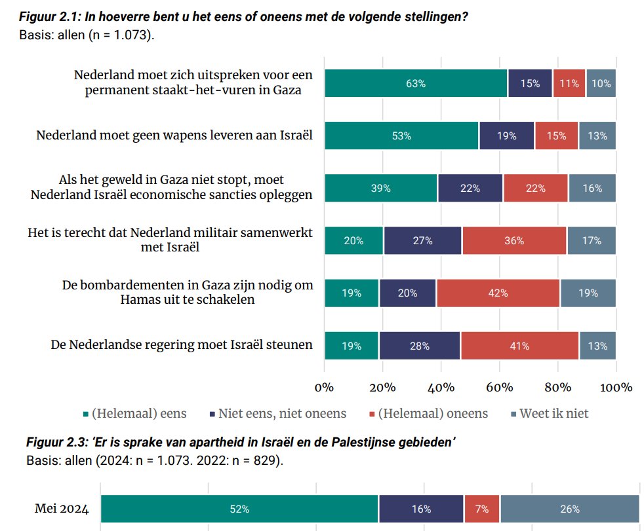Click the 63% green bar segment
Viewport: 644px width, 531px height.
pyautogui.click(x=416, y=84)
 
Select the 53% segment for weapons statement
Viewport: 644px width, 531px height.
pyautogui.click(x=401, y=136)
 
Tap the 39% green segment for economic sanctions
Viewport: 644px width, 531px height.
pyautogui.click(x=381, y=188)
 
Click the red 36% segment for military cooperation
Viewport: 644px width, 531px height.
pyautogui.click(x=515, y=240)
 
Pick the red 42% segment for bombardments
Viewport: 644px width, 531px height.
pyautogui.click(x=498, y=293)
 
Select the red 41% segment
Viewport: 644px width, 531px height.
pyautogui.click(x=519, y=346)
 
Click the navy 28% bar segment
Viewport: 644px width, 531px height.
pyautogui.click(x=420, y=346)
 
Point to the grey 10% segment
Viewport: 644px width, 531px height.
pyautogui.click(x=601, y=84)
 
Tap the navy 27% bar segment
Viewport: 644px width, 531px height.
pyautogui.click(x=423, y=240)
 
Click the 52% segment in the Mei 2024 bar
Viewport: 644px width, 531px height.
pyautogui.click(x=239, y=509)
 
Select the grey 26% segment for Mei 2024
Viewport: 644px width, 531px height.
pyautogui.click(x=569, y=509)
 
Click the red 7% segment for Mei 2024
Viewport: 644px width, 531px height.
pyautogui.click(x=482, y=509)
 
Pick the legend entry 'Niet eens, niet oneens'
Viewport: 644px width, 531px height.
pyautogui.click(x=282, y=413)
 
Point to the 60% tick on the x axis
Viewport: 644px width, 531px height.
pyautogui.click(x=500, y=387)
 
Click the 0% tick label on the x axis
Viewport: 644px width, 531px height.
pyautogui.click(x=325, y=387)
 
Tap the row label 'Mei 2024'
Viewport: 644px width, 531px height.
pyautogui.click(x=62, y=509)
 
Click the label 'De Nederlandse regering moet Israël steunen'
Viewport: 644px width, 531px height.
pyautogui.click(x=182, y=344)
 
